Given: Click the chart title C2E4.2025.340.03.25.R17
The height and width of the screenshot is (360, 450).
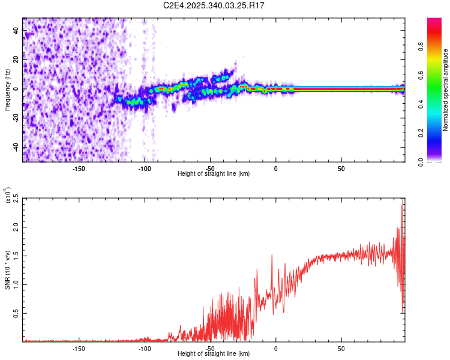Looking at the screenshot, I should [214, 5].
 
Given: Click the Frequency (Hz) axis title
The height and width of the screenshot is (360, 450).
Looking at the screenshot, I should [7, 89].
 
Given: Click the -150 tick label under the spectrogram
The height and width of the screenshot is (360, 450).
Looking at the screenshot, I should [78, 169].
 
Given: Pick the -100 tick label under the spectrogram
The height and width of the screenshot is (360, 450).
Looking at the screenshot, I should [144, 169].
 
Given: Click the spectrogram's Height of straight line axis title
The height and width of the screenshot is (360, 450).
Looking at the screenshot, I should [214, 174].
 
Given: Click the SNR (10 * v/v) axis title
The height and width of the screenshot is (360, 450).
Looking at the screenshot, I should [7, 269].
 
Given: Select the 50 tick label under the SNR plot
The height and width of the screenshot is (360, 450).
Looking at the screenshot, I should [341, 349].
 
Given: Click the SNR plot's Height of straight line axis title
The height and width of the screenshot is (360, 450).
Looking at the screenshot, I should [214, 354].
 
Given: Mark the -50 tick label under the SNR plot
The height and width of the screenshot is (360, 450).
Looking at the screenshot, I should [209, 349].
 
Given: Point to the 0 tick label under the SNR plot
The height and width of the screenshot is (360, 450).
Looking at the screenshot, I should [275, 349].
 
